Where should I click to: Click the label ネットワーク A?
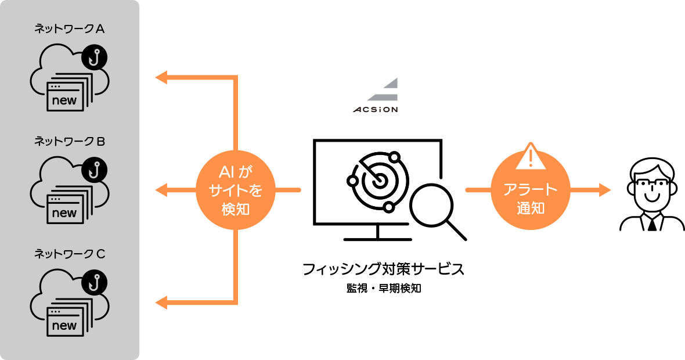pyautogui.click(x=69, y=29)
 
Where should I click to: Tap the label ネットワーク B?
pyautogui.click(x=69, y=142)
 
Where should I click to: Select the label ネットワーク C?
pyautogui.click(x=69, y=254)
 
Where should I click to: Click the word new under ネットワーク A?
pyautogui.click(x=64, y=100)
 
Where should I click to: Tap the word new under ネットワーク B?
pyautogui.click(x=64, y=213)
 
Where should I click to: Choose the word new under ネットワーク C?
pyautogui.click(x=64, y=326)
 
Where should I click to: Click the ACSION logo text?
pyautogui.click(x=376, y=109)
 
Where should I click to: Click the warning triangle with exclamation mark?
pyautogui.click(x=530, y=156)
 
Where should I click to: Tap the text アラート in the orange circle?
pyautogui.click(x=531, y=190)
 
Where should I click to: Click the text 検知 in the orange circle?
pyautogui.click(x=236, y=210)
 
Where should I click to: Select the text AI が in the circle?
pyautogui.click(x=236, y=172)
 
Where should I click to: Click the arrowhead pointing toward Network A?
pyautogui.click(x=161, y=77)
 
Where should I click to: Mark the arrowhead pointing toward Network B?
pyautogui.click(x=161, y=190)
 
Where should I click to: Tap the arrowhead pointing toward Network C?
pyautogui.click(x=161, y=302)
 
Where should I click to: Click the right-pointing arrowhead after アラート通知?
pyautogui.click(x=605, y=190)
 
